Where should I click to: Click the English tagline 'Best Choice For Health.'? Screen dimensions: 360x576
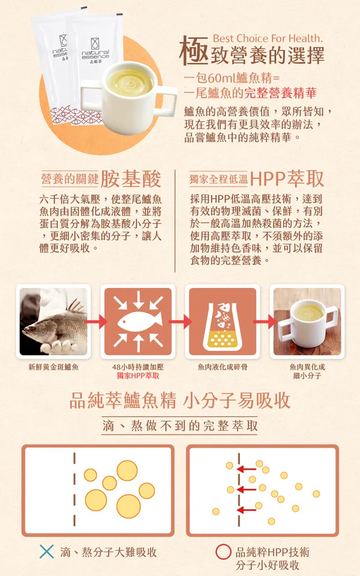coord(268,38)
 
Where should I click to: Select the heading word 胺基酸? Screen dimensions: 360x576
coord(131,179)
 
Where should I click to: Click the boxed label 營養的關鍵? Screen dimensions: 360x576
coord(70,179)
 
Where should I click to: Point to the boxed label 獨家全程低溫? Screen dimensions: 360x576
coord(218,179)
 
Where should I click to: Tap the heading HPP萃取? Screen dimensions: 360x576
coord(287,179)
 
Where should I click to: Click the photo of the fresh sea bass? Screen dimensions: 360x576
coord(53,322)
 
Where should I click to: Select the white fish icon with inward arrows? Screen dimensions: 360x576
coord(138,322)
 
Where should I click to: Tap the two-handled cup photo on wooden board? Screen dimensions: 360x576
coord(307,322)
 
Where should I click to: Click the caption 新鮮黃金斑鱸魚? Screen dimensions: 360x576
coord(53,367)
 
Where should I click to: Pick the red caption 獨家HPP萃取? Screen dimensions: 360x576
coord(138,376)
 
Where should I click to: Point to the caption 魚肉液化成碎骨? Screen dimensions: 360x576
coord(223,367)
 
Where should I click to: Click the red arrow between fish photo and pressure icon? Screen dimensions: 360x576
coord(95,322)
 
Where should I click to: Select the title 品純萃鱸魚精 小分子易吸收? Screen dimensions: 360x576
coord(180,400)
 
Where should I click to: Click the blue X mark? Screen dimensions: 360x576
coord(46,551)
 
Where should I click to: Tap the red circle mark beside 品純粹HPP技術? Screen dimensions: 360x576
coord(223,551)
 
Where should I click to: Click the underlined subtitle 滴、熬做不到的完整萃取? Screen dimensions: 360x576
coord(180,425)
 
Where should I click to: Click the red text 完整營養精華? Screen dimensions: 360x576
coord(280,93)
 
